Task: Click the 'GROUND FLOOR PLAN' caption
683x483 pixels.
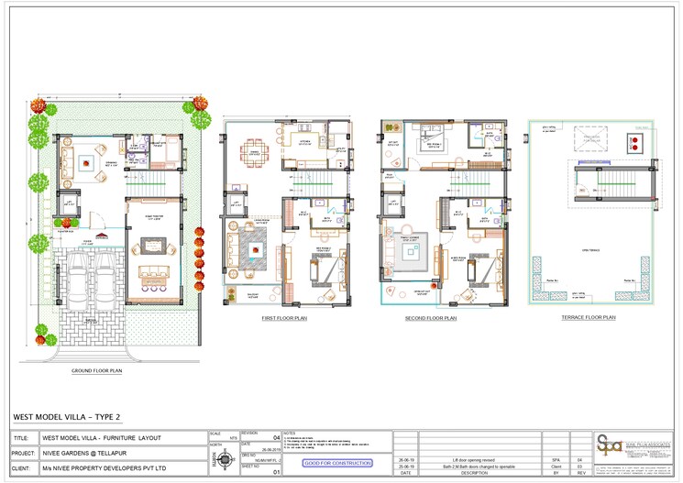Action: pyautogui.click(x=97, y=371)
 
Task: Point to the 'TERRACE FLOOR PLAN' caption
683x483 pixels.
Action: pyautogui.click(x=588, y=317)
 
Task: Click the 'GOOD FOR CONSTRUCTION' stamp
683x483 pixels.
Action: pyautogui.click(x=337, y=464)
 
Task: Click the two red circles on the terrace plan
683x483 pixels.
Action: pyautogui.click(x=633, y=142)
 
